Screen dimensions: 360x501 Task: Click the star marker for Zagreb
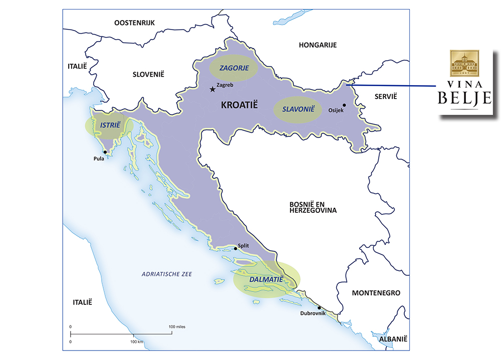(213, 90)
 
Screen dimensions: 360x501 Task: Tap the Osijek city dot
(344, 105)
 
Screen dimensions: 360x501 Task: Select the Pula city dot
(105, 152)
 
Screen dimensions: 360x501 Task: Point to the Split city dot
(235, 248)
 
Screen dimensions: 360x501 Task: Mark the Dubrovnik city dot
(319, 308)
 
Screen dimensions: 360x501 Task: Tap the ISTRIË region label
(110, 125)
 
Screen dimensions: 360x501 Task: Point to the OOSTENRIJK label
(135, 23)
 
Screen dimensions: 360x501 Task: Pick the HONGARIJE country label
(318, 45)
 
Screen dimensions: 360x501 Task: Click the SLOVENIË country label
(148, 74)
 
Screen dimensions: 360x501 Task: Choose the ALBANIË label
(393, 339)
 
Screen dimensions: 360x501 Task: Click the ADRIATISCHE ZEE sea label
(167, 274)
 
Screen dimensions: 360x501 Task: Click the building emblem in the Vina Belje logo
(464, 64)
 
